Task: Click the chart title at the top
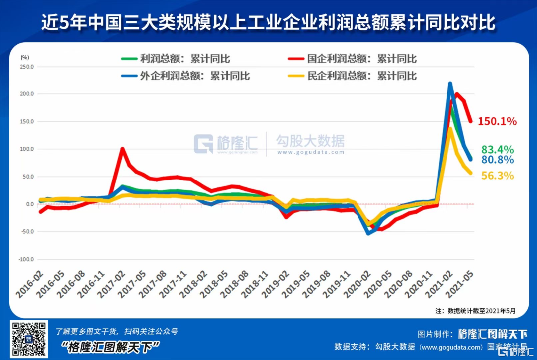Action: pos(268,23)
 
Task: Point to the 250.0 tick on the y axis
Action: pos(26,67)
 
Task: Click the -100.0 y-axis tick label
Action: pos(26,260)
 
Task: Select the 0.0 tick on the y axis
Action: pos(29,204)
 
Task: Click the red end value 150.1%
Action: pos(497,121)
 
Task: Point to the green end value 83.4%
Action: pos(497,150)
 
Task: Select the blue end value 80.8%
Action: pos(497,160)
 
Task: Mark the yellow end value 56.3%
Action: pos(497,176)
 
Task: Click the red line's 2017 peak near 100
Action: pos(122,149)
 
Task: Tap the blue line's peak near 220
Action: pos(450,84)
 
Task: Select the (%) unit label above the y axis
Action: pos(24,58)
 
